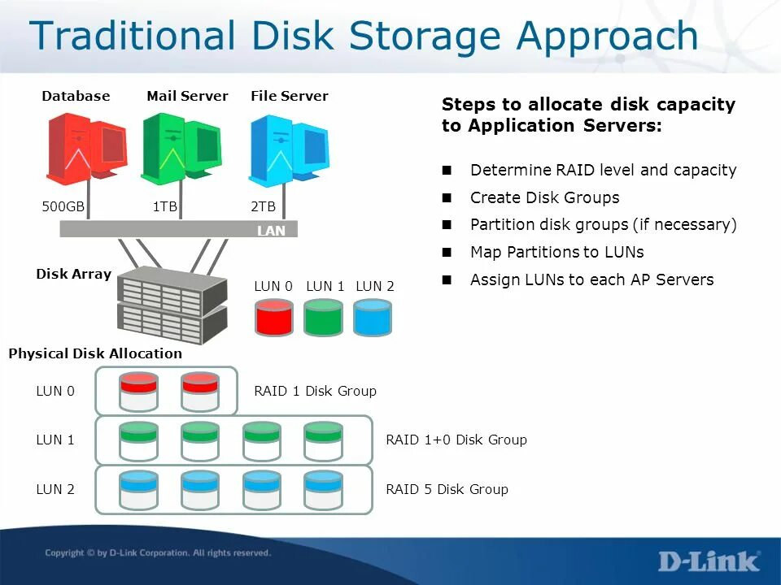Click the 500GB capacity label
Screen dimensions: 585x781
tap(63, 207)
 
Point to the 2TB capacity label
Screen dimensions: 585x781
tap(263, 207)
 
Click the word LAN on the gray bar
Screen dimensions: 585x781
tap(271, 231)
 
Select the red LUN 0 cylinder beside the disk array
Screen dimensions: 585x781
tap(274, 318)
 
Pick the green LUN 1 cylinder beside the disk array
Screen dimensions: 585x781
tap(324, 318)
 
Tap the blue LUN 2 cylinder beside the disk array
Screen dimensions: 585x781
tap(373, 318)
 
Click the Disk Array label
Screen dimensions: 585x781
tap(73, 274)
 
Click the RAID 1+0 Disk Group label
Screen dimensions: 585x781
tap(456, 440)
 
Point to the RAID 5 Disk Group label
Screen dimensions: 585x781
tap(447, 489)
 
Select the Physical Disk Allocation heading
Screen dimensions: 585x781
tap(95, 353)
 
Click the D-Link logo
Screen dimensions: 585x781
tap(709, 561)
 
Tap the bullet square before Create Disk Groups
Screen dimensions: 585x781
tap(447, 197)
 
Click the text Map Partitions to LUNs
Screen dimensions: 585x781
tap(556, 252)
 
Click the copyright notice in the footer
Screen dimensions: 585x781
tap(158, 553)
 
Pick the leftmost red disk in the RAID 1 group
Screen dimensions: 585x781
tap(138, 391)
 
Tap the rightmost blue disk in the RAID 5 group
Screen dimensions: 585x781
tap(322, 489)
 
